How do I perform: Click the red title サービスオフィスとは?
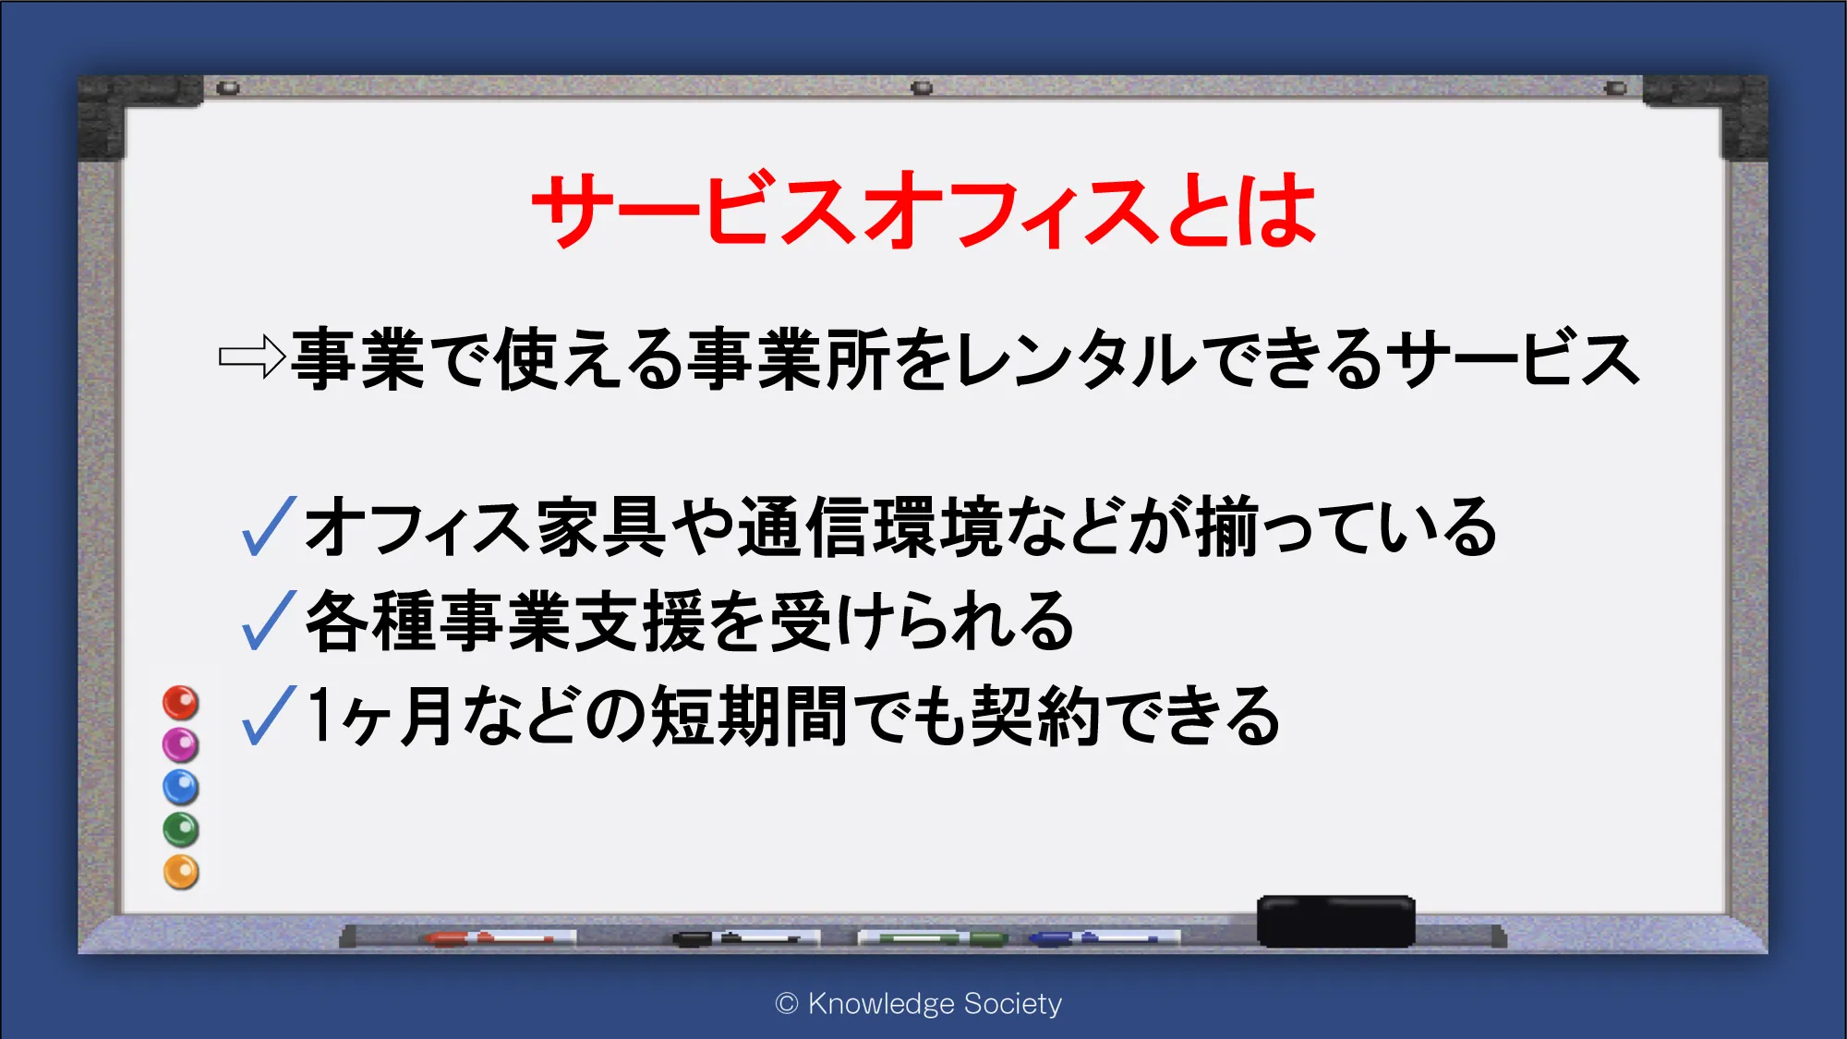(923, 210)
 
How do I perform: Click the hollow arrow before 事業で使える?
(252, 356)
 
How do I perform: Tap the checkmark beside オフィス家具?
(269, 526)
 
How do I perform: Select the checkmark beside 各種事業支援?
(269, 620)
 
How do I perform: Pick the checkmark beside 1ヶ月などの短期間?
(269, 715)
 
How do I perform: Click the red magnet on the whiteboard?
(181, 703)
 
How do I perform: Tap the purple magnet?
(181, 744)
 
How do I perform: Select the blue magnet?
(181, 787)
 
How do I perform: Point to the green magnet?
(181, 829)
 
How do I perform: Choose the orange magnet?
(181, 872)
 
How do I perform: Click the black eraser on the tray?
(1335, 921)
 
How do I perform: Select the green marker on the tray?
(933, 938)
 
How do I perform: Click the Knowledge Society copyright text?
(919, 1003)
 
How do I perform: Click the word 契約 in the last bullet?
(1034, 715)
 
